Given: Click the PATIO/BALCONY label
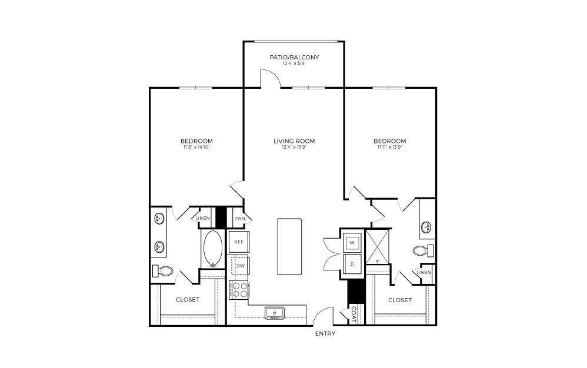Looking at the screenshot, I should click(x=294, y=57).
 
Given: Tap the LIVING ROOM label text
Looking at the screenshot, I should click(x=294, y=141).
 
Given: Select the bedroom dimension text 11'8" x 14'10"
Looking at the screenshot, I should click(x=196, y=148).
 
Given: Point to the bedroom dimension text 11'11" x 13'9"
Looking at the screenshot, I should click(x=389, y=148).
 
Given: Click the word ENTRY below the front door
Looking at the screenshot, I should click(x=325, y=333).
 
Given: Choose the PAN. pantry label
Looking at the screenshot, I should click(x=240, y=218).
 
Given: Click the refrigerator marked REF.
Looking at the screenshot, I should click(x=239, y=242).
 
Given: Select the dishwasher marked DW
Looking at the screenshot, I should click(x=240, y=266).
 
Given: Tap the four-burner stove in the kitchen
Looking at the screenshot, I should click(x=239, y=289).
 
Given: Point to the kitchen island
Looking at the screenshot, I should click(x=289, y=246).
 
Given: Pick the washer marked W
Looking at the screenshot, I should click(x=352, y=242).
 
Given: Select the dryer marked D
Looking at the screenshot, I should click(x=352, y=265).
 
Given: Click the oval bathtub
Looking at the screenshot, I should click(x=212, y=249).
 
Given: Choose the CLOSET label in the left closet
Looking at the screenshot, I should click(x=188, y=300).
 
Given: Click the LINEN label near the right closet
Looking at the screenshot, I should click(x=424, y=273).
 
